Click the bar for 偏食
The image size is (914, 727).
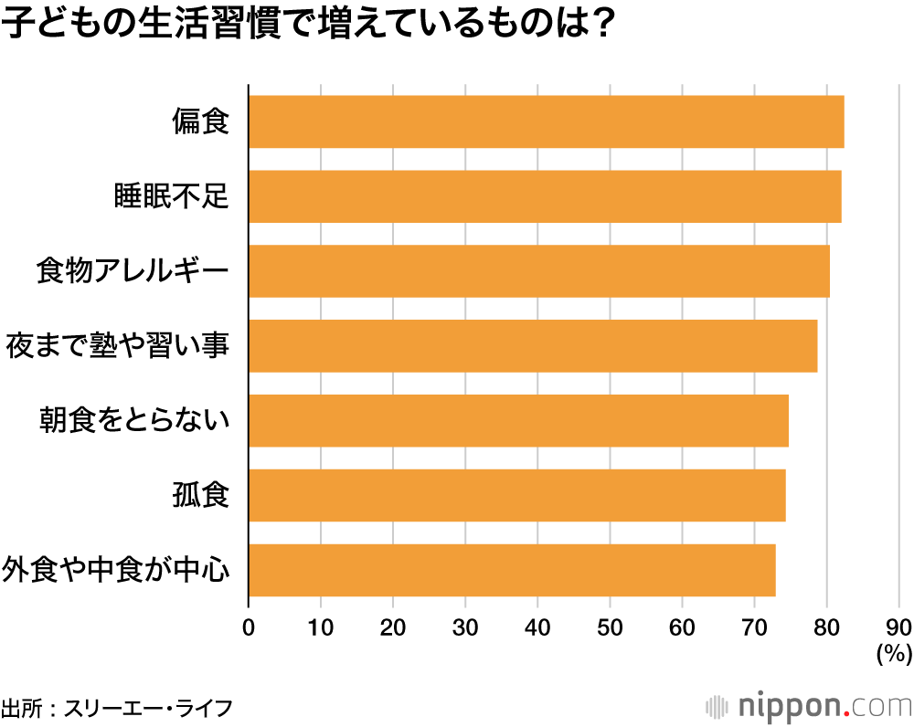coord(546,121)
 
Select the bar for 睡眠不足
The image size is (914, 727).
coord(545,196)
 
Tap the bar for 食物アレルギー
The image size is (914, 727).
coord(539,271)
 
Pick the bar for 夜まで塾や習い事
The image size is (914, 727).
coord(533,346)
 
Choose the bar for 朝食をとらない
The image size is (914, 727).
coord(518,421)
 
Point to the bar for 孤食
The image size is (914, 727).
coord(516,496)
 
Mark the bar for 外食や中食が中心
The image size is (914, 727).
coord(512,571)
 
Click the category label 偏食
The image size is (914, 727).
coord(199,121)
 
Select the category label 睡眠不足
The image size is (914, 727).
coord(170,196)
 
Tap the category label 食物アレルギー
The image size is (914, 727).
coord(132,271)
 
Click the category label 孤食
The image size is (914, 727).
coord(199,496)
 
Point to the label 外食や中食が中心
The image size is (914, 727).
coord(115,571)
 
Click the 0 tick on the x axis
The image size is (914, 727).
coord(249,627)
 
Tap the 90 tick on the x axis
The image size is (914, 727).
coord(898,627)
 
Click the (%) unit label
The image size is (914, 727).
coord(894,653)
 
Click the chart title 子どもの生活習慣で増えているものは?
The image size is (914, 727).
coord(306,26)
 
